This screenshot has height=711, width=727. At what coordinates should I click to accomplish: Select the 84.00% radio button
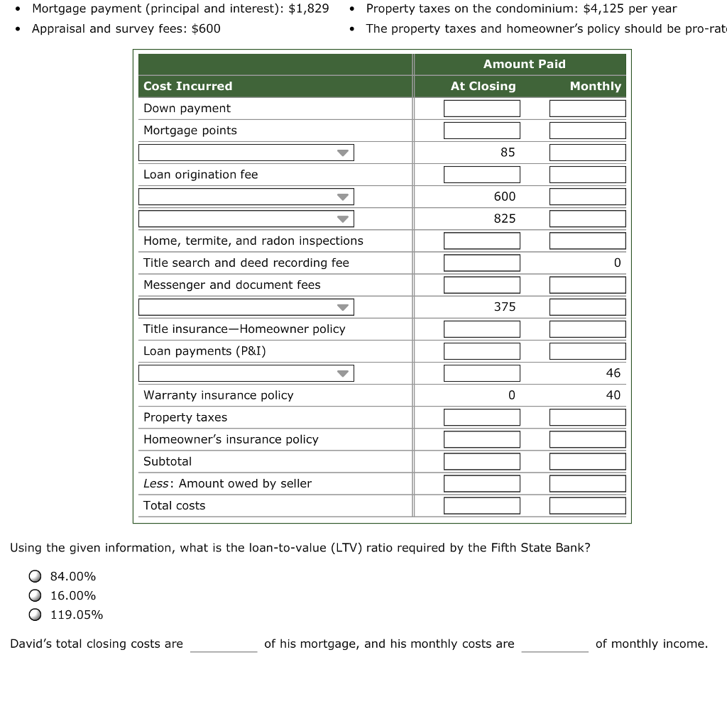tap(34, 576)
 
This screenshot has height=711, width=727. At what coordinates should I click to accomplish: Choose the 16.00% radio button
tap(34, 595)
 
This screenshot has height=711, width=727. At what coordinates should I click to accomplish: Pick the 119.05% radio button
tap(34, 614)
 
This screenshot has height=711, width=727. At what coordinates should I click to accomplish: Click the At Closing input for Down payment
tap(481, 109)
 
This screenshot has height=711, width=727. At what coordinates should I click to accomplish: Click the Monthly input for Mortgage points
tap(587, 131)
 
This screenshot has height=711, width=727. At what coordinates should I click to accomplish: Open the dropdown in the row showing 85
tap(246, 153)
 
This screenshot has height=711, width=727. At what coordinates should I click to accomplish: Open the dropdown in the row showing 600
tap(246, 197)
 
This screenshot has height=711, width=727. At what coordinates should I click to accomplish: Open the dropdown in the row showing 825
tap(246, 219)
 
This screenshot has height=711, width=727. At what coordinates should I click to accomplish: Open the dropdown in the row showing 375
tap(246, 307)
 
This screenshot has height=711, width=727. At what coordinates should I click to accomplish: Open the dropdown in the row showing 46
tap(246, 373)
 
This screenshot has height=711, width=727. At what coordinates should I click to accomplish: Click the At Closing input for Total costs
tap(481, 506)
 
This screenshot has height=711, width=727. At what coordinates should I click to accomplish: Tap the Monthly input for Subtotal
tap(587, 461)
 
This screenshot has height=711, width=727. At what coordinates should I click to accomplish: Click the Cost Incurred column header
tap(188, 86)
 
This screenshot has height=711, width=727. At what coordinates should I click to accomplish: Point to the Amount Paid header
tap(524, 64)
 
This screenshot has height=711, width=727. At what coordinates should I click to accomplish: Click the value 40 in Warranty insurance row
tap(613, 395)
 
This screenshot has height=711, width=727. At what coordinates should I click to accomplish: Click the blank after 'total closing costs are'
tap(223, 644)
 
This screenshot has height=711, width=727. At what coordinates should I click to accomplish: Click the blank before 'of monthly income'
tap(554, 644)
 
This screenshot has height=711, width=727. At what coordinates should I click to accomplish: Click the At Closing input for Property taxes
tap(481, 417)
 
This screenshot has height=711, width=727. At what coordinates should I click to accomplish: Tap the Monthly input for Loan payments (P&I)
tap(587, 351)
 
